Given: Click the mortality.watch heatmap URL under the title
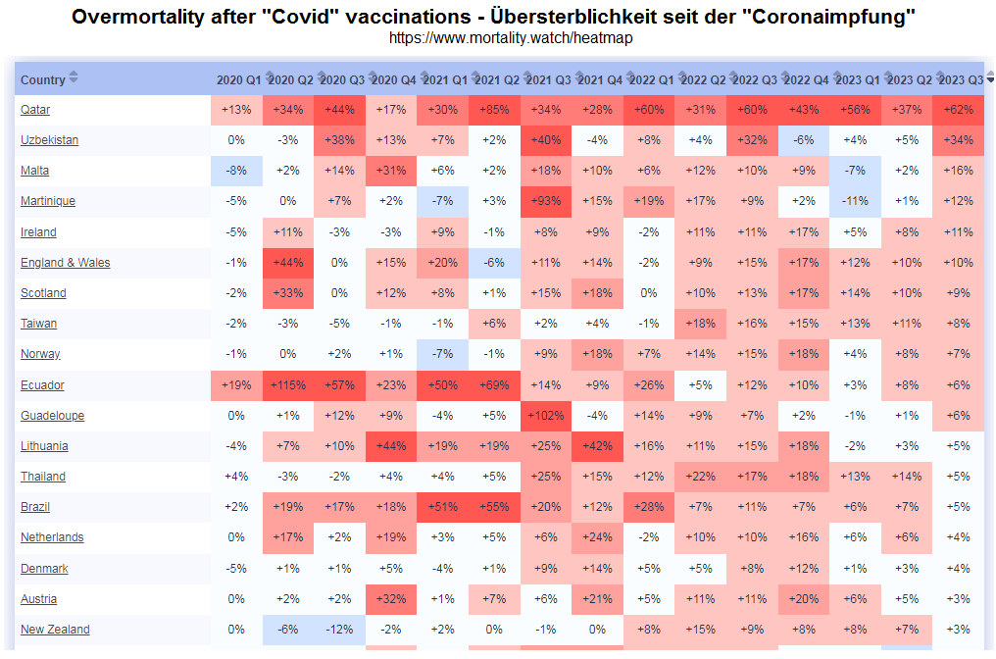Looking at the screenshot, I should click(x=510, y=38).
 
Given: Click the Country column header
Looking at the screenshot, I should click(x=43, y=80).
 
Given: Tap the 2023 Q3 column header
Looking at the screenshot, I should click(x=961, y=79).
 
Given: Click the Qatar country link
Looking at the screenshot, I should click(x=35, y=110).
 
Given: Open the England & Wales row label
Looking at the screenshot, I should click(x=66, y=263).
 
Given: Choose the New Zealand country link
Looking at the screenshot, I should click(x=55, y=630).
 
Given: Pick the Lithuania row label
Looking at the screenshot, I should click(x=44, y=446).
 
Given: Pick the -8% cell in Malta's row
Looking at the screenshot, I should click(x=236, y=171).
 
